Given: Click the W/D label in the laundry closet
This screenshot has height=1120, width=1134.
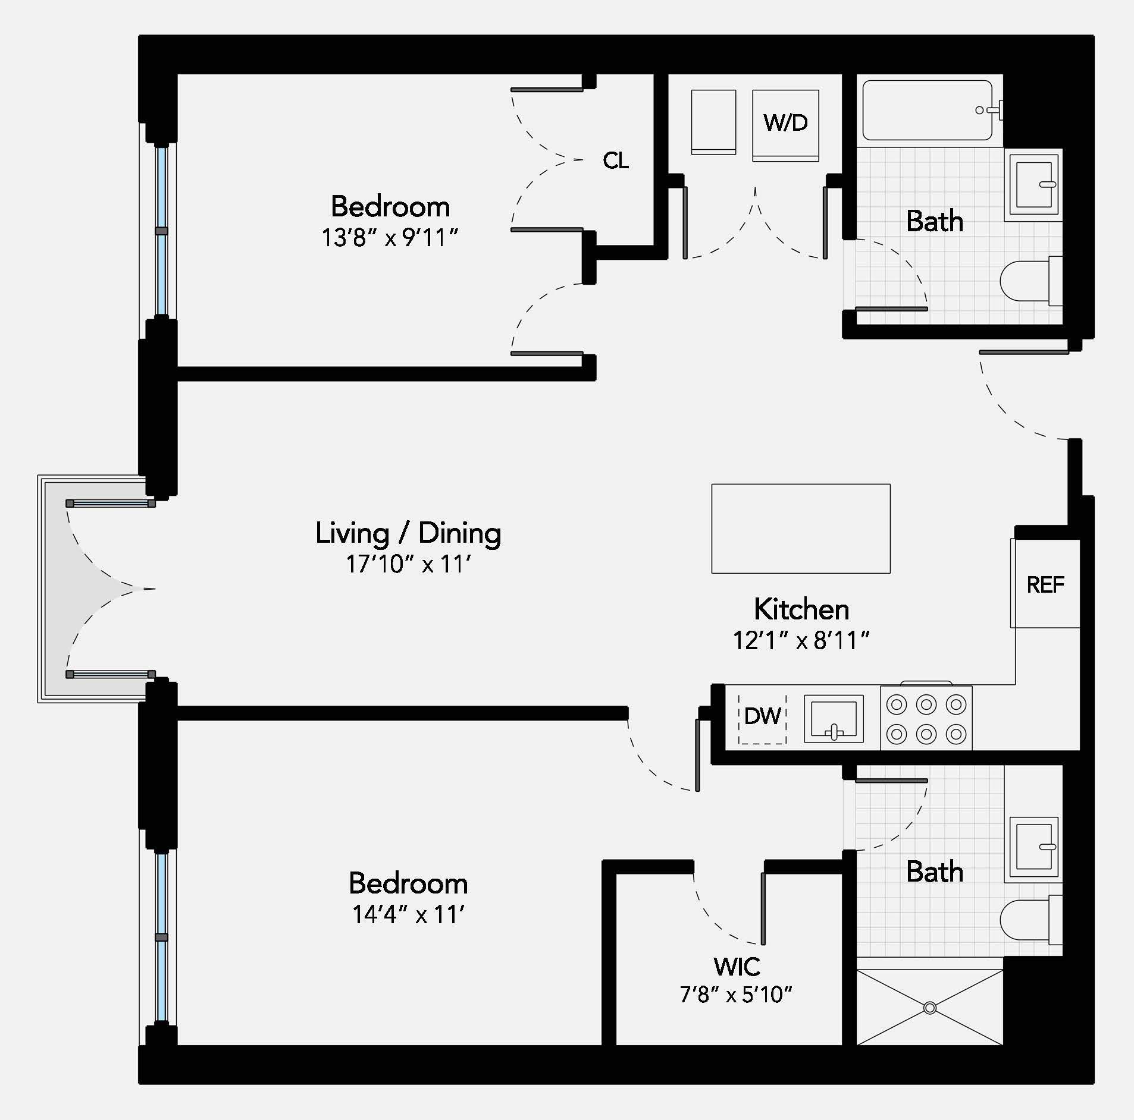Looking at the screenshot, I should pyautogui.click(x=785, y=123).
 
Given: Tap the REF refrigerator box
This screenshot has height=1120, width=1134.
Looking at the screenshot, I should pyautogui.click(x=1045, y=585).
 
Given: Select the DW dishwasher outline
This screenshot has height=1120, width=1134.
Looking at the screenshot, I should pyautogui.click(x=762, y=717).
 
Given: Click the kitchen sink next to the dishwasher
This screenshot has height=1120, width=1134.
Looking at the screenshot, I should pyautogui.click(x=834, y=718).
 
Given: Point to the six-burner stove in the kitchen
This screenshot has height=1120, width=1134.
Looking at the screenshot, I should pyautogui.click(x=926, y=719).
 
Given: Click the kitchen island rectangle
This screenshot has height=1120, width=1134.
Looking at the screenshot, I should pyautogui.click(x=801, y=528).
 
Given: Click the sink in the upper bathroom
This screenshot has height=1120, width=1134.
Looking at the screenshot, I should pyautogui.click(x=1034, y=184).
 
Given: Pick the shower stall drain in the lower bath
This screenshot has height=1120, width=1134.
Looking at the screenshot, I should pyautogui.click(x=930, y=1008).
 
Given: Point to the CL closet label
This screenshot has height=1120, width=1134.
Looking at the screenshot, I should pyautogui.click(x=616, y=161).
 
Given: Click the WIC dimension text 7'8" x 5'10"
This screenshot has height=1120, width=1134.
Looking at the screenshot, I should pyautogui.click(x=736, y=994).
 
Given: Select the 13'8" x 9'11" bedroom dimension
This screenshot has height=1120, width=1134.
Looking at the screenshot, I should pyautogui.click(x=390, y=238).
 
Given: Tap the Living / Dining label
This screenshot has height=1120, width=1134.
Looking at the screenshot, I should pyautogui.click(x=408, y=533).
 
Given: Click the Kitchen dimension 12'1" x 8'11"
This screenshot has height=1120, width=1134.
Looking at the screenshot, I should pyautogui.click(x=801, y=641).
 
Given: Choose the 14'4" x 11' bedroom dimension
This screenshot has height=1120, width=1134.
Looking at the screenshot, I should pyautogui.click(x=408, y=914).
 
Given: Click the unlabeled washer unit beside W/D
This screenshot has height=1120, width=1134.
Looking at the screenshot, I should pyautogui.click(x=713, y=122).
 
